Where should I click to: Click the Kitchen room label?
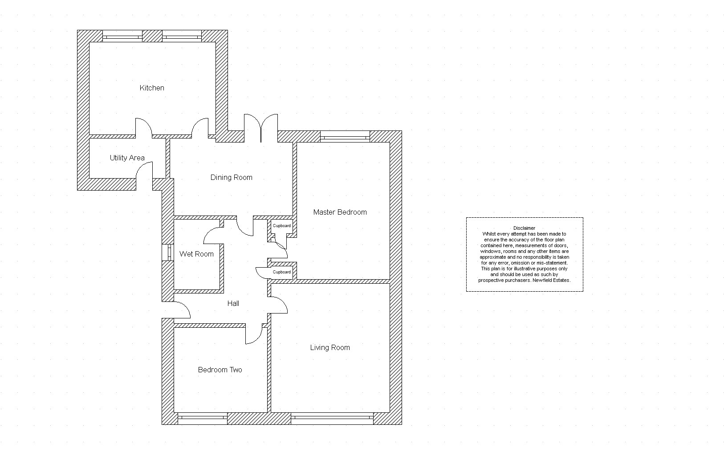[152, 88]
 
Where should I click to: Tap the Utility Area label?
[127, 158]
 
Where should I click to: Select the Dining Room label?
[232, 178]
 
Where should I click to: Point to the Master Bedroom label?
[340, 212]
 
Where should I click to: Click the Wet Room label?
[196, 254]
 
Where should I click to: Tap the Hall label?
[233, 303]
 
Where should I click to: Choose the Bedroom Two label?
[220, 370]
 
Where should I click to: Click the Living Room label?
[330, 347]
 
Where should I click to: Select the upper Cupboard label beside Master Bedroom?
[282, 226]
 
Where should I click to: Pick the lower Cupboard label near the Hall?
[282, 272]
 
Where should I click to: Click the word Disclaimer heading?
[524, 228]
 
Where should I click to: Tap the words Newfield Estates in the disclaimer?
[551, 280]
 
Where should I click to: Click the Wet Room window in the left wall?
[168, 252]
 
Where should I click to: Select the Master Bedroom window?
[345, 136]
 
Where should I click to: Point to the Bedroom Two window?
[203, 418]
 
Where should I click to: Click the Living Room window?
[332, 418]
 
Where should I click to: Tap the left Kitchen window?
[122, 36]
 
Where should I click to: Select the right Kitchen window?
[182, 36]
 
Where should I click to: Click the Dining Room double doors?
[261, 128]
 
